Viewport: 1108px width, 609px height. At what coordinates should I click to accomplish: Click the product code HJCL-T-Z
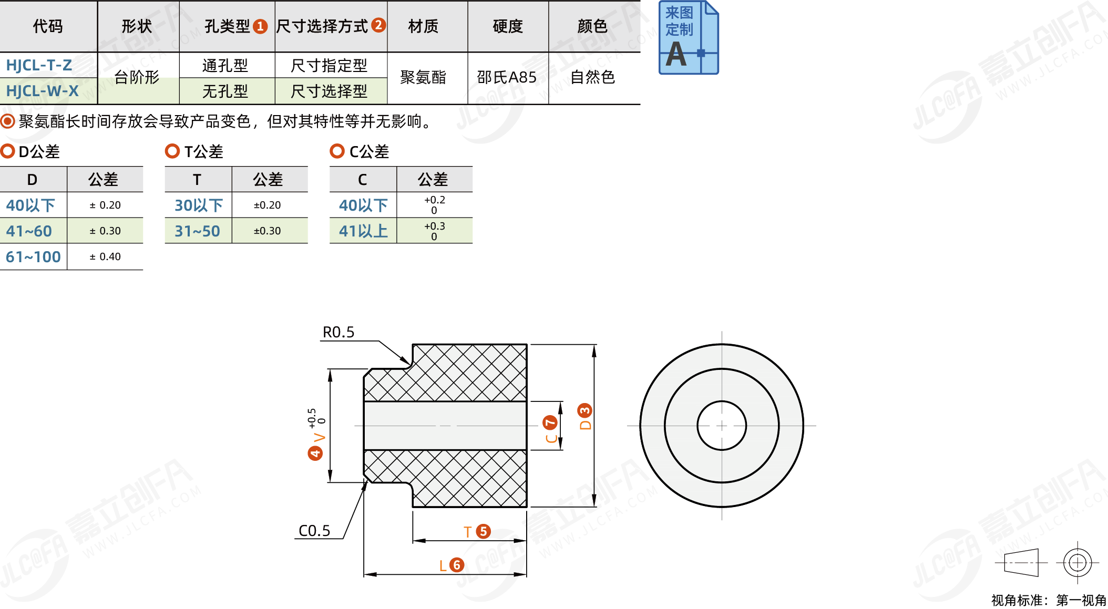tap(39, 65)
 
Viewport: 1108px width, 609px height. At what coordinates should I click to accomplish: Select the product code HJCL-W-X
tap(42, 91)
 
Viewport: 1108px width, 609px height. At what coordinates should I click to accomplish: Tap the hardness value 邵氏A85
tap(507, 77)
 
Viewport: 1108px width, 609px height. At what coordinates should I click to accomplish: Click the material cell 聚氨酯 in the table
tap(423, 77)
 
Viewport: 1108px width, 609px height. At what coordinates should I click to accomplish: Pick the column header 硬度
tap(508, 26)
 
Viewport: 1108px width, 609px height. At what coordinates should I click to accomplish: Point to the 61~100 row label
tap(33, 257)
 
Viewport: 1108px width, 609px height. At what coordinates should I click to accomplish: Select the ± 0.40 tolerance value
tap(105, 257)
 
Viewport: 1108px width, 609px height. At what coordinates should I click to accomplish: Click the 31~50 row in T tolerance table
tap(197, 231)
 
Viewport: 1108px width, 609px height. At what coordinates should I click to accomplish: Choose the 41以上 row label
tap(363, 231)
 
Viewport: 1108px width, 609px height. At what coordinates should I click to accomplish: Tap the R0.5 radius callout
tap(338, 333)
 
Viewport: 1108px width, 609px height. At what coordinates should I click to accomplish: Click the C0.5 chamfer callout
tap(314, 531)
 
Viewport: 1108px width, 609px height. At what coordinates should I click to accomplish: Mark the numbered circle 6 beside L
tap(457, 565)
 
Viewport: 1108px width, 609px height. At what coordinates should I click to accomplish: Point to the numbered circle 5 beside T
tap(484, 531)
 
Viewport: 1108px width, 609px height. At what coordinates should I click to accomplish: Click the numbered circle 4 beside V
tap(315, 453)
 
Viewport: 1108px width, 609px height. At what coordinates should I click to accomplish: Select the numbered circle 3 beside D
tap(584, 410)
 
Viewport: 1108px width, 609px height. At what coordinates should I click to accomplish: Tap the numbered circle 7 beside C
tap(550, 422)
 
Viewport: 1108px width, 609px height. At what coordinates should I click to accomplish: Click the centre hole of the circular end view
tap(722, 426)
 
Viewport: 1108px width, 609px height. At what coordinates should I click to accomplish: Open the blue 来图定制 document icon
tap(689, 38)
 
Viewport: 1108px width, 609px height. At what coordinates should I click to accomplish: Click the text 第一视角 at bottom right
tap(1081, 600)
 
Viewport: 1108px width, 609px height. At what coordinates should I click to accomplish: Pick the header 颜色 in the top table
tap(592, 26)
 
